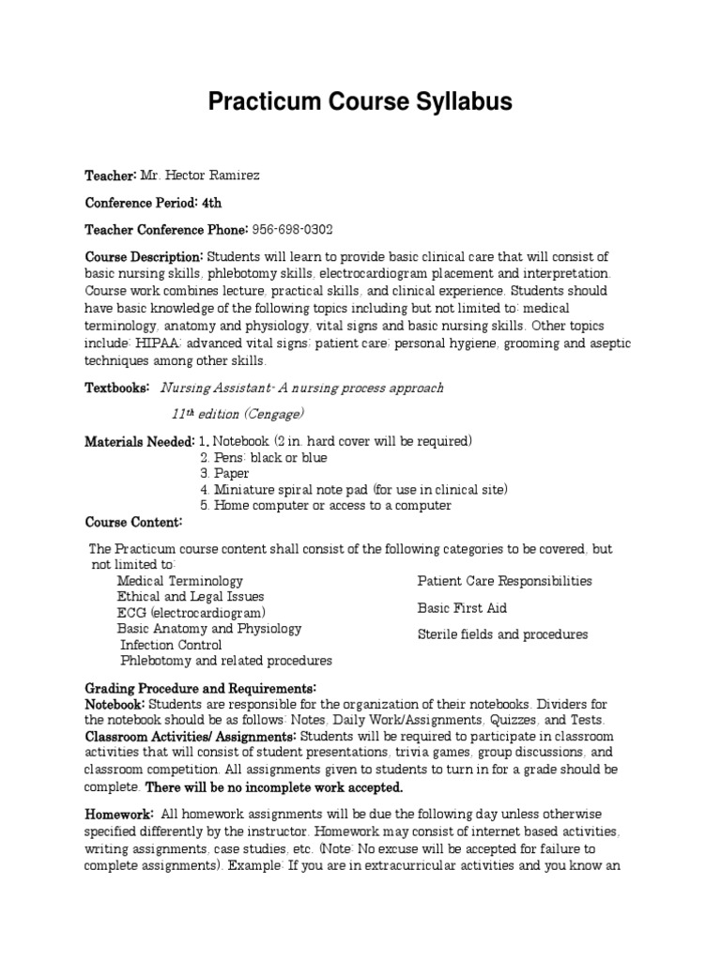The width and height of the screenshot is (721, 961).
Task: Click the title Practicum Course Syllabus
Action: [360, 102]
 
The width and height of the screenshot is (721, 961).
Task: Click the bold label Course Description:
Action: [144, 256]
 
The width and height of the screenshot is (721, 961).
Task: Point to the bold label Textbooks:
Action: [117, 388]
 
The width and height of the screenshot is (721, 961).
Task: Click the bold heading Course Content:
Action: [133, 521]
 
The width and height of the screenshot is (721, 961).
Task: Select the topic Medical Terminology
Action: [179, 581]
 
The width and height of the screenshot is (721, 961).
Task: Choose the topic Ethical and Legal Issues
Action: [191, 597]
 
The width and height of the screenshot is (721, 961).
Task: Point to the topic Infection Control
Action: [171, 645]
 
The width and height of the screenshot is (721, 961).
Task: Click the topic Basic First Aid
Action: [462, 608]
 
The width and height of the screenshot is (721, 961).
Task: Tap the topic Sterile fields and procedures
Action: [502, 634]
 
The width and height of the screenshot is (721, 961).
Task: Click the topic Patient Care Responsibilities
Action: [504, 581]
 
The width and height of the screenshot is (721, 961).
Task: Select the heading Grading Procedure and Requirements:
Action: [201, 688]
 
